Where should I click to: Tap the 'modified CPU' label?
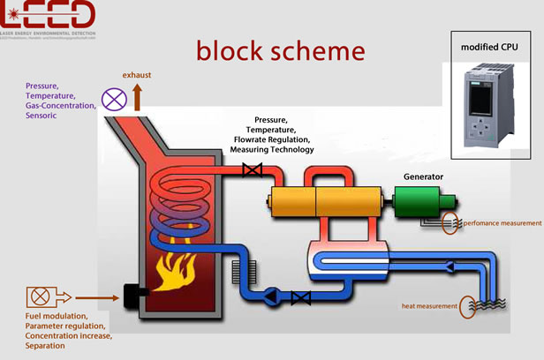coord(490,46)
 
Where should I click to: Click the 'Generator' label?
coord(417,176)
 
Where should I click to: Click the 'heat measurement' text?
coord(429,306)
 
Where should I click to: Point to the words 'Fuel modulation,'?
coord(56,316)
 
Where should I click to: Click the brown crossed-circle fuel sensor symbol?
coord(38,296)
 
